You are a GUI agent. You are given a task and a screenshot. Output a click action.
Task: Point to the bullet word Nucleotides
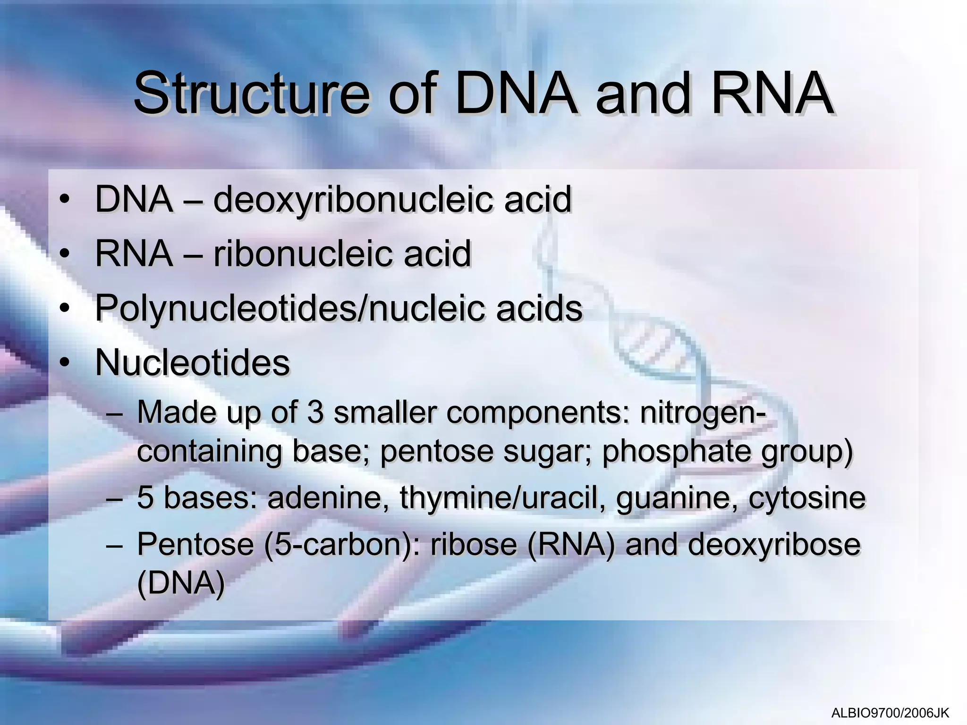[x=192, y=363]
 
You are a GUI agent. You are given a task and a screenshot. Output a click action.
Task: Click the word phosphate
[x=677, y=452]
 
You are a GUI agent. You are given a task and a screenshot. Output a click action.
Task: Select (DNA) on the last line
[x=180, y=584]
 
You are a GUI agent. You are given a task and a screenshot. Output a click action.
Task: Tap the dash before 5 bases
[x=114, y=498]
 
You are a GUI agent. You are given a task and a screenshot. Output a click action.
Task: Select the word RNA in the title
[x=772, y=93]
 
